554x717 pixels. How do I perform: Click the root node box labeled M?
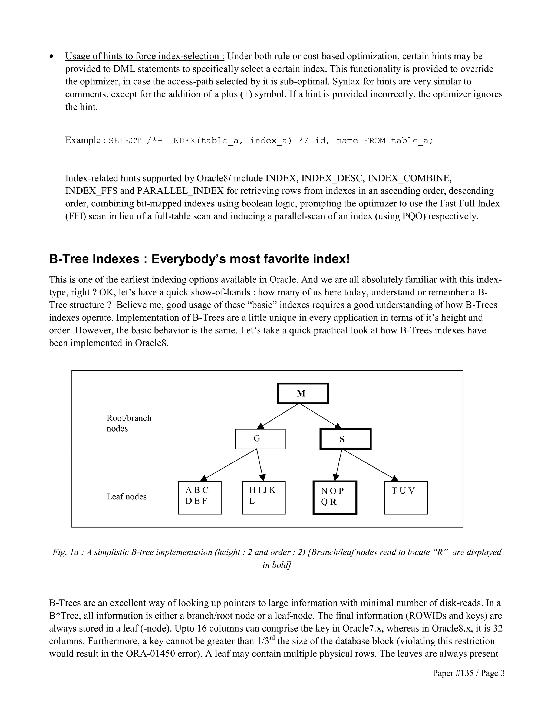[303, 393]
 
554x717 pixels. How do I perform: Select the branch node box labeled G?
[260, 439]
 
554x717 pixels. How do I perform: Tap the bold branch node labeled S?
[345, 439]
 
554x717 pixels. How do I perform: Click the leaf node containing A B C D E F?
[200, 497]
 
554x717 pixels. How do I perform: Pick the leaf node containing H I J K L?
[263, 497]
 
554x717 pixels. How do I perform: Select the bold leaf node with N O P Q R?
[335, 498]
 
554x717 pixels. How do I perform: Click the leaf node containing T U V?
[406, 497]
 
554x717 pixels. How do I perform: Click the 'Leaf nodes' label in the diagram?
[126, 496]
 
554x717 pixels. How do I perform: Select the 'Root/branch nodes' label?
[129, 423]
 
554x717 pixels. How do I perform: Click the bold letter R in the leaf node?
[334, 502]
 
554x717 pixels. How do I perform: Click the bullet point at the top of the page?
[51, 57]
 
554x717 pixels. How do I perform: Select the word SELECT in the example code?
[124, 141]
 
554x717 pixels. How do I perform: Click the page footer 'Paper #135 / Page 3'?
[468, 673]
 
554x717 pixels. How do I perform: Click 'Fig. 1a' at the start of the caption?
[66, 552]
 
